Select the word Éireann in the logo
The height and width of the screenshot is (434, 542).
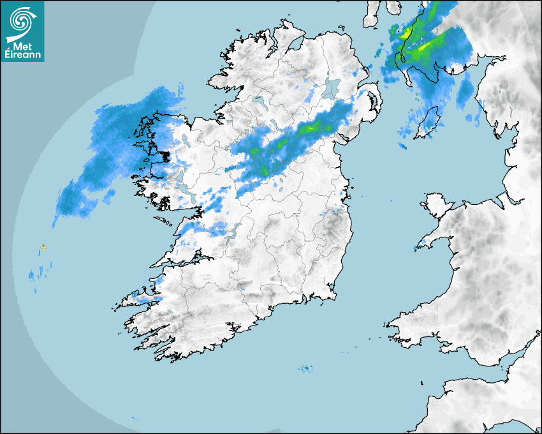[22, 56]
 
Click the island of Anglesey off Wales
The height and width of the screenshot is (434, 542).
[435, 204]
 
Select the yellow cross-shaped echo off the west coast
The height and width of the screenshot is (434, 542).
[43, 247]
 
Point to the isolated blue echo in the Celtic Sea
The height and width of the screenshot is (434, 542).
[306, 368]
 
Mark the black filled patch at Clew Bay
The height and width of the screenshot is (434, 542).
[165, 156]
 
